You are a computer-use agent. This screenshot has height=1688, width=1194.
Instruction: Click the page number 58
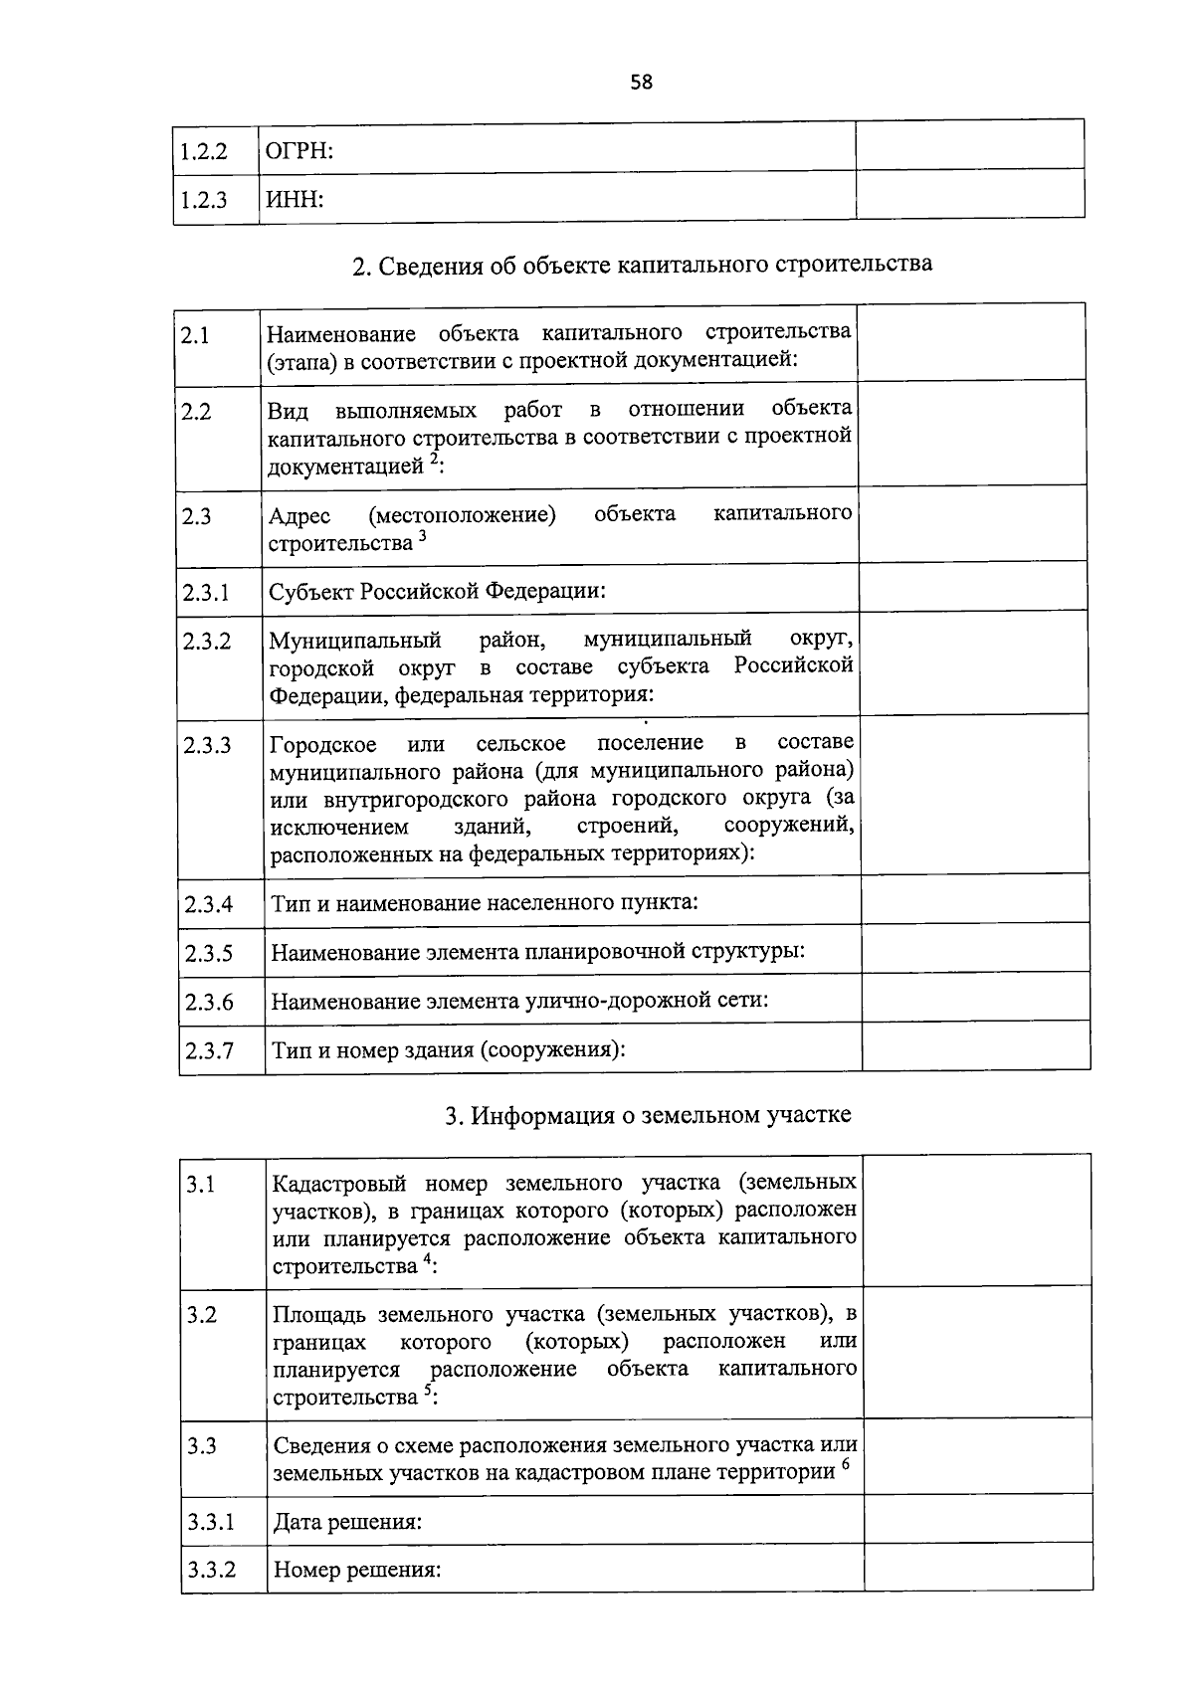point(641,83)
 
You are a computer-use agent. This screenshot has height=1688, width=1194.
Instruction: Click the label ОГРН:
point(298,151)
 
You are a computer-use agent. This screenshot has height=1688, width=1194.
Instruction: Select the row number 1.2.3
point(204,200)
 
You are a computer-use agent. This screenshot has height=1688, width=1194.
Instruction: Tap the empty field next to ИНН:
point(969,194)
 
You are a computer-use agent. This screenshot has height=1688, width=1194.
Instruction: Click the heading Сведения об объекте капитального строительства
point(643,266)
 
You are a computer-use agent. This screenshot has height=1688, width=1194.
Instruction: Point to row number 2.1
point(196,335)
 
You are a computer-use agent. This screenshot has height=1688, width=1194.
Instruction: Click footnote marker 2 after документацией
point(433,460)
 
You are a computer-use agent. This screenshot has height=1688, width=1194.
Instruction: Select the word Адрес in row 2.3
point(298,516)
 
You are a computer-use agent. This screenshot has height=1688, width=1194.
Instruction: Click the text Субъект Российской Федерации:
point(438,591)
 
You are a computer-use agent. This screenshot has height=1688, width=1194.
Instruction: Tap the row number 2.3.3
point(207,745)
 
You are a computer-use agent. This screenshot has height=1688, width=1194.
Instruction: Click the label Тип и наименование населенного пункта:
point(485,903)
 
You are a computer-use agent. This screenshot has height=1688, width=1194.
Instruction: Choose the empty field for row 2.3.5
point(975,949)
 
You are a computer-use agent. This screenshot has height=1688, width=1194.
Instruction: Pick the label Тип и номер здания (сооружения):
point(449,1049)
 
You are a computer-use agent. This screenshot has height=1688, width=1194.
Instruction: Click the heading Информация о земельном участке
point(648,1115)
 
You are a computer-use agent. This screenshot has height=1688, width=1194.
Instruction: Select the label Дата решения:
point(347,1522)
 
